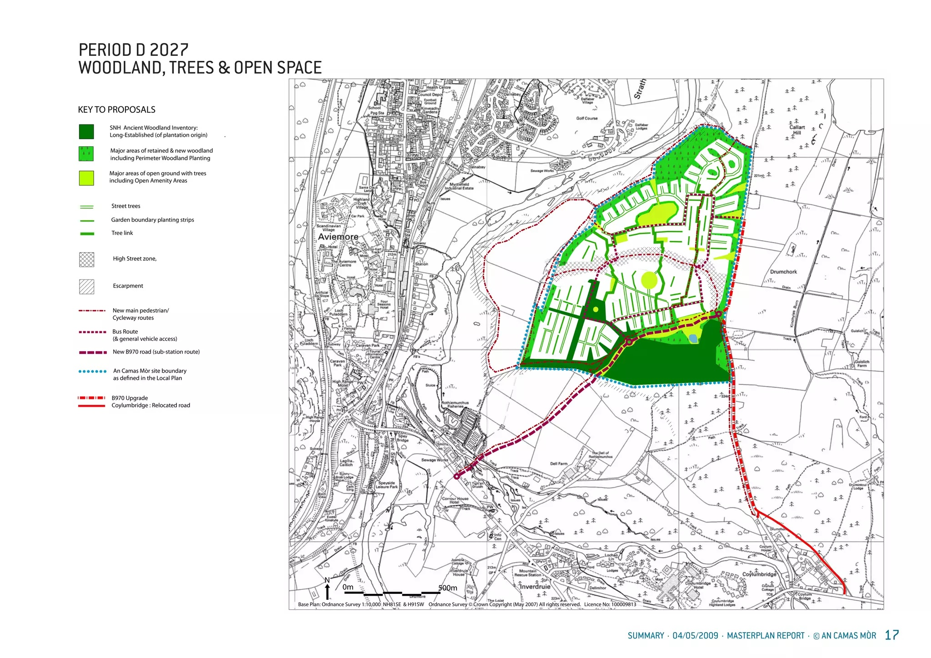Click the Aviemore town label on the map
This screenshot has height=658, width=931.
(338, 237)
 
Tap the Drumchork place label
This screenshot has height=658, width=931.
(783, 272)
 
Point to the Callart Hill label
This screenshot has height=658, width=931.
(797, 130)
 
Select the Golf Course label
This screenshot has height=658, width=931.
(587, 118)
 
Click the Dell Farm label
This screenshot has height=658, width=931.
(559, 464)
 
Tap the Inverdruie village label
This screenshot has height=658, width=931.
(535, 587)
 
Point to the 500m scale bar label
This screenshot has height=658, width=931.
(448, 588)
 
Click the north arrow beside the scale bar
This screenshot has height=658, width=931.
(327, 590)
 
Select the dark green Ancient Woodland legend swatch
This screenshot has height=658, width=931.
(86, 132)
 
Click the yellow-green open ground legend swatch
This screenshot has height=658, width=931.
(86, 178)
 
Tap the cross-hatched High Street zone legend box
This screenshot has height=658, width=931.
(86, 259)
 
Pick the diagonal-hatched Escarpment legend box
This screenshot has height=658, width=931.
(86, 286)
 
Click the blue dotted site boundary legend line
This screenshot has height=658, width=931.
(93, 371)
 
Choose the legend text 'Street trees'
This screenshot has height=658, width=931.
(126, 206)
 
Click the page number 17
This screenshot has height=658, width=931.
(892, 635)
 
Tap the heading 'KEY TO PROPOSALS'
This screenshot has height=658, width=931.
(117, 110)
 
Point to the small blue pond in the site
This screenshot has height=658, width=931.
(693, 338)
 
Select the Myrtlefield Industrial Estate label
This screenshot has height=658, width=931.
(461, 186)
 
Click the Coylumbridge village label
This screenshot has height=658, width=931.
(759, 574)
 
